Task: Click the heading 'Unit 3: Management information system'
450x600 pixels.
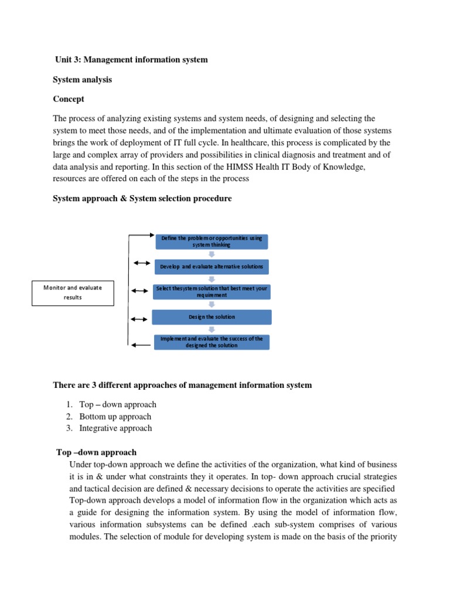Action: pyautogui.click(x=131, y=60)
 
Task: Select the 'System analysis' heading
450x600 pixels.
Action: pyautogui.click(x=82, y=80)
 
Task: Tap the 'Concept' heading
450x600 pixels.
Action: pyautogui.click(x=69, y=99)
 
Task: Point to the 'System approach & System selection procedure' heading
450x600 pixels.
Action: pyautogui.click(x=142, y=199)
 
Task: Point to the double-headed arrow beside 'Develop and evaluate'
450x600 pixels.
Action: pyautogui.click(x=141, y=263)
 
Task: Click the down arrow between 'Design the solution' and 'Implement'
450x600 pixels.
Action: pyautogui.click(x=212, y=329)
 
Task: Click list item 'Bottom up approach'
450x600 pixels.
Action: pyautogui.click(x=115, y=417)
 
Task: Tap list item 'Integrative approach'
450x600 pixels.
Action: pyautogui.click(x=115, y=428)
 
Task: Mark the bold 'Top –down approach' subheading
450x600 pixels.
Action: pyautogui.click(x=97, y=452)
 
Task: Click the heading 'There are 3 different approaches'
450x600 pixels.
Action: pyautogui.click(x=182, y=385)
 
